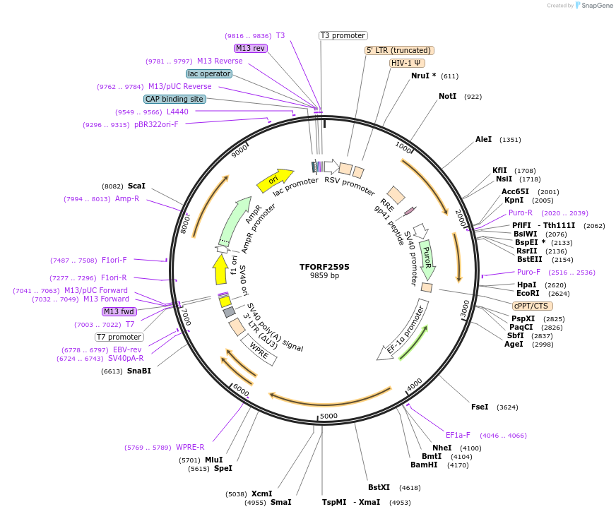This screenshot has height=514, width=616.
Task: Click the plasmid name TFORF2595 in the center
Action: point(324,267)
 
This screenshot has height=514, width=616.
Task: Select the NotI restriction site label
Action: point(447,96)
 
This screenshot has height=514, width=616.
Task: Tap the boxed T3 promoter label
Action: point(343,35)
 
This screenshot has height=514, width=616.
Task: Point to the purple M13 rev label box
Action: point(251,48)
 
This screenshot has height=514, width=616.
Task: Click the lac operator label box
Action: point(209,73)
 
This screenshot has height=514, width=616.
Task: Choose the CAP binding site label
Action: point(174,99)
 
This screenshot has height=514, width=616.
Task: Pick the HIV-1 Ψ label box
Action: point(407,63)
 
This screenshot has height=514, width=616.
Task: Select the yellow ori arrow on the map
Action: point(274,181)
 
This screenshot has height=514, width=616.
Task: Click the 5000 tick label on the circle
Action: point(328,416)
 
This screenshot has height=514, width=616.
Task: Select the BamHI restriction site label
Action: point(424,465)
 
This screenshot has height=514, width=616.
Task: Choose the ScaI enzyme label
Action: point(136,186)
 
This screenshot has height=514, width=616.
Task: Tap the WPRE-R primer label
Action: point(189,447)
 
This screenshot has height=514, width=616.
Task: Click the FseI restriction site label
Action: point(480,407)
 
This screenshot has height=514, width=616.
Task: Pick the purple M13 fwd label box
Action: point(119,311)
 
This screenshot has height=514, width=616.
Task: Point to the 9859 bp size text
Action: point(324,276)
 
